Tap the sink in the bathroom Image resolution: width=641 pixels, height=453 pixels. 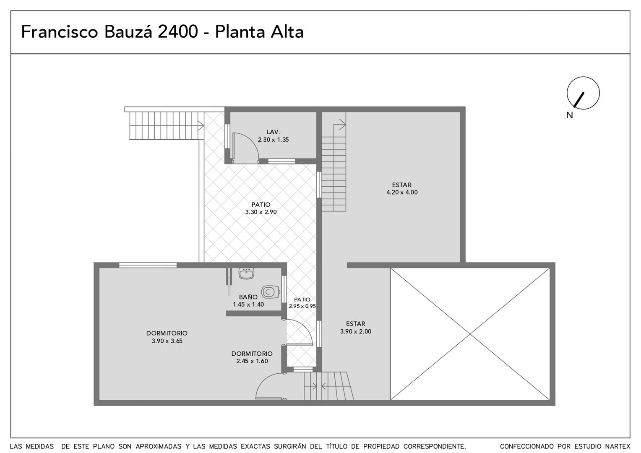pyautogui.click(x=246, y=273)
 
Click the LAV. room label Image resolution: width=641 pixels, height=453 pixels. pyautogui.click(x=273, y=132)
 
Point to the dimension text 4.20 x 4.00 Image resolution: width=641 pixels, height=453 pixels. pyautogui.click(x=402, y=192)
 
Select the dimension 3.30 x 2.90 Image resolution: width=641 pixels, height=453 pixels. pyautogui.click(x=261, y=212)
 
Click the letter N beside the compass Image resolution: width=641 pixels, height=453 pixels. pyautogui.click(x=569, y=115)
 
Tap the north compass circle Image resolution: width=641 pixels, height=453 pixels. pyautogui.click(x=583, y=93)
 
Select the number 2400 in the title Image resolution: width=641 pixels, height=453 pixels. pyautogui.click(x=178, y=31)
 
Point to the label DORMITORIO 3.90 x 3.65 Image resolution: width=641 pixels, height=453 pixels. pyautogui.click(x=167, y=337)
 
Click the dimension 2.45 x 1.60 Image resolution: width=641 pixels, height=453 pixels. pyautogui.click(x=252, y=361)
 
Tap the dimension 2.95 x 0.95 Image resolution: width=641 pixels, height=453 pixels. pyautogui.click(x=302, y=306)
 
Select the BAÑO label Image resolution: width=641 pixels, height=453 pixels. pyautogui.click(x=248, y=297)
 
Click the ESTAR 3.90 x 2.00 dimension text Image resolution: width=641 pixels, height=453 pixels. pyautogui.click(x=356, y=332)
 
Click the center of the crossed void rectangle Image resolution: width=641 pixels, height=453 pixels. pyautogui.click(x=470, y=334)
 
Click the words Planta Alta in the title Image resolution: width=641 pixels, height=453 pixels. pyautogui.click(x=259, y=31)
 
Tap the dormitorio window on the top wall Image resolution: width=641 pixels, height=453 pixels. pyautogui.click(x=148, y=265)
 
